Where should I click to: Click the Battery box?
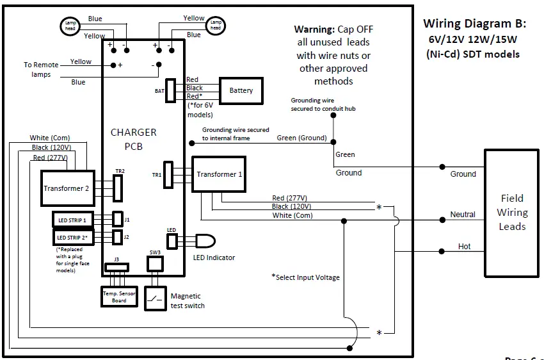[241, 90]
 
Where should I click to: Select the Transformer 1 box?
[220, 174]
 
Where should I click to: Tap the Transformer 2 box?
[68, 188]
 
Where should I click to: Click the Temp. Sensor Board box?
[119, 296]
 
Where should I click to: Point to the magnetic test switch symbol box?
[156, 297]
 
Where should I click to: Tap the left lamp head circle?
[69, 26]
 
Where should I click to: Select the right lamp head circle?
[216, 26]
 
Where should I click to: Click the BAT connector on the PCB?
[171, 90]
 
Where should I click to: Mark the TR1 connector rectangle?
[168, 174]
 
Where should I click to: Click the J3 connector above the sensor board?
[116, 266]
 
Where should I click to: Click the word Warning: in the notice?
[314, 29]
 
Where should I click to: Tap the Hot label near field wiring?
[464, 246]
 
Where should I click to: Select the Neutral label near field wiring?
[463, 214]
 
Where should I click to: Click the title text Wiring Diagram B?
[474, 24]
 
